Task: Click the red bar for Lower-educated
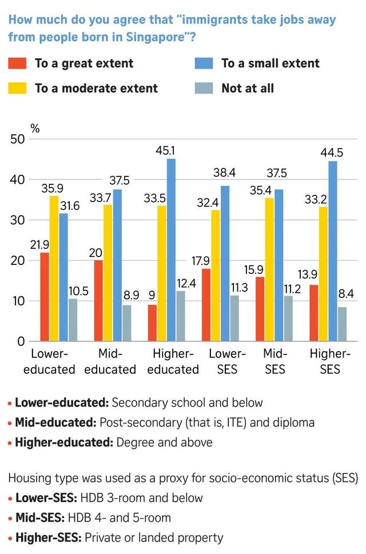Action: pos(45,297)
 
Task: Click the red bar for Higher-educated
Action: pos(152,323)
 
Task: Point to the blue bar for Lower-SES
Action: pos(225,263)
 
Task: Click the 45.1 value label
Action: pos(170,151)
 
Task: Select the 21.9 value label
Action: pos(40,245)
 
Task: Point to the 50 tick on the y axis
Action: pos(17,139)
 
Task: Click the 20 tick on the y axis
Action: pos(17,260)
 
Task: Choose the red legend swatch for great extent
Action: pos(17,63)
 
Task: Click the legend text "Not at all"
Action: pos(248,88)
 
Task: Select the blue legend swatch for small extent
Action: pos(204,63)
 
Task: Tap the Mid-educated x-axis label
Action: pos(110,362)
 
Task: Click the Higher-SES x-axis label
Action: pos(330,362)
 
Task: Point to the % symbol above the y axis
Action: pos(35,128)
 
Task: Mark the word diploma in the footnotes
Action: pos(293,423)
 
